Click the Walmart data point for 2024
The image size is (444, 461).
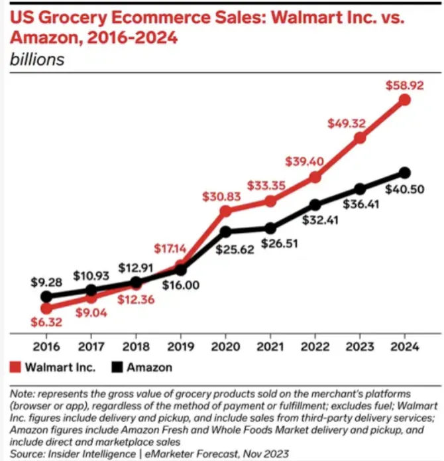point(405,99)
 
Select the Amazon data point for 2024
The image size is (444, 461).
point(405,172)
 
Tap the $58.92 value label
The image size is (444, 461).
point(404,86)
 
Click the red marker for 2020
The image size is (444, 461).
point(225,211)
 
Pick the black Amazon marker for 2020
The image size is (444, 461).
point(225,231)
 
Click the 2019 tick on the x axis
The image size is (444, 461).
point(180,348)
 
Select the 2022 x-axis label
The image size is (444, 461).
point(315,348)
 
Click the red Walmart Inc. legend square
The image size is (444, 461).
point(17,367)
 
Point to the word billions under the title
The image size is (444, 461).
point(36,58)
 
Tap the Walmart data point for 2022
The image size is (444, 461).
point(315,177)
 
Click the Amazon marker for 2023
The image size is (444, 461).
point(360,189)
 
